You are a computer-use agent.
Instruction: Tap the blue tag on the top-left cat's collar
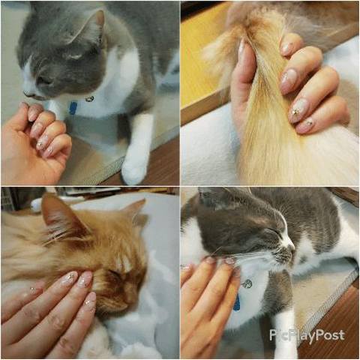(x=73, y=108)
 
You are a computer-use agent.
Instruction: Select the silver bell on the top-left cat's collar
(x=89, y=99)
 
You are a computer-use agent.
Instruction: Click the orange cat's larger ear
(x=62, y=217)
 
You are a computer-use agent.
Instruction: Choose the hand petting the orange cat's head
(x=50, y=313)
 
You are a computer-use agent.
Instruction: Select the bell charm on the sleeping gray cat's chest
(x=247, y=284)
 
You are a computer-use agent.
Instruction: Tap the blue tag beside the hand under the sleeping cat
(x=236, y=302)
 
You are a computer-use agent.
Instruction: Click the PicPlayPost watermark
(x=307, y=334)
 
